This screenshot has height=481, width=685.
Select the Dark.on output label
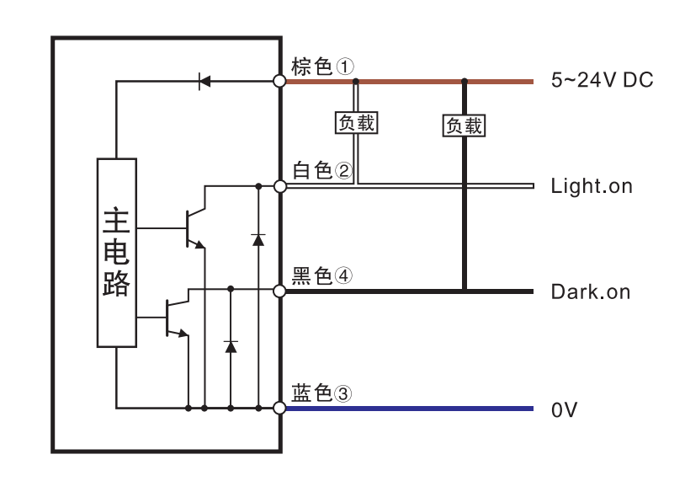(590, 292)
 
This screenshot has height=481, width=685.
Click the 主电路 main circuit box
(116, 253)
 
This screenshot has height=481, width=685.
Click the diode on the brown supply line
(203, 82)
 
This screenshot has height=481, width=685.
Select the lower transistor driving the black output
(175, 318)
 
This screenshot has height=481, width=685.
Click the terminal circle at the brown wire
(281, 82)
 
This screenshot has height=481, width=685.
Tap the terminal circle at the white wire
(281, 185)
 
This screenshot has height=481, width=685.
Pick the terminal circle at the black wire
(281, 291)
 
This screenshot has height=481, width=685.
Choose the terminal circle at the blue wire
(281, 409)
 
